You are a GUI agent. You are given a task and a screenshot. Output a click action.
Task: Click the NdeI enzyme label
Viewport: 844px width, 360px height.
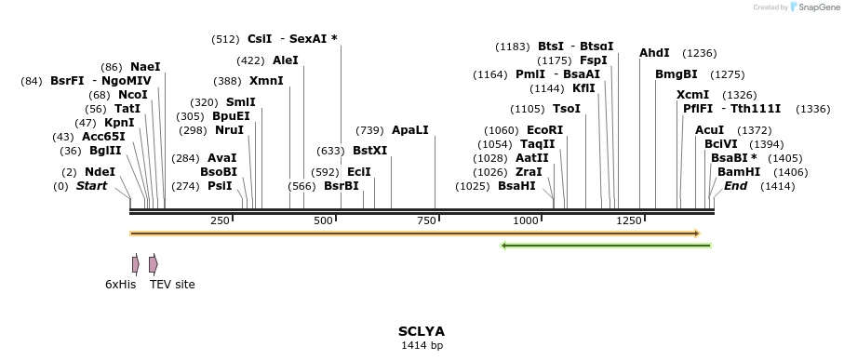(100, 172)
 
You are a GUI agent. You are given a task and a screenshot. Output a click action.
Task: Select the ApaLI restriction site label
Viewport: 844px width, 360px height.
(409, 130)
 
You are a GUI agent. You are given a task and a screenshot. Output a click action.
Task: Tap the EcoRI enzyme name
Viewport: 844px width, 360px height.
(544, 130)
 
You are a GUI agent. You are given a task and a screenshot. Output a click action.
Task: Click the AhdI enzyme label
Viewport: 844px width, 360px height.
(654, 53)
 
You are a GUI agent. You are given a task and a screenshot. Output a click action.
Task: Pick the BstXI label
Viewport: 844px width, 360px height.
(369, 150)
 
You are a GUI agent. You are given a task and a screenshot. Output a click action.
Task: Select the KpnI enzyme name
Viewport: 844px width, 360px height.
(119, 123)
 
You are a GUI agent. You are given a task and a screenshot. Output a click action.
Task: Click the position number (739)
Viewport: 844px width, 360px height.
(369, 130)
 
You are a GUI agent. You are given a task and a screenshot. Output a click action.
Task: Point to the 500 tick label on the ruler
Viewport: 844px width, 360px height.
(323, 220)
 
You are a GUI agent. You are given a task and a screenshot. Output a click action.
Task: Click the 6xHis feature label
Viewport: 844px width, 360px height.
(120, 284)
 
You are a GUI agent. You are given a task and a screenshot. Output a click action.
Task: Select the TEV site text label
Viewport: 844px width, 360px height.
(172, 284)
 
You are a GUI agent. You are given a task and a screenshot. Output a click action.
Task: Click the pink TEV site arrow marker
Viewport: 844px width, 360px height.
(153, 264)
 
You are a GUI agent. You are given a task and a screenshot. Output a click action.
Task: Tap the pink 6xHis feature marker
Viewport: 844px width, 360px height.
(136, 264)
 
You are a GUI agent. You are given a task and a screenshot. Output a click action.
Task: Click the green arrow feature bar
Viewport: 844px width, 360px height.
(606, 246)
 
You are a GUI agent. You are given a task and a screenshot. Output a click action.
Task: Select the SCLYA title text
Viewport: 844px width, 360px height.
(422, 331)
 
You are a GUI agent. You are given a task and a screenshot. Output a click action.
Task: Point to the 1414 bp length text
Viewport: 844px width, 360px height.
(422, 346)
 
